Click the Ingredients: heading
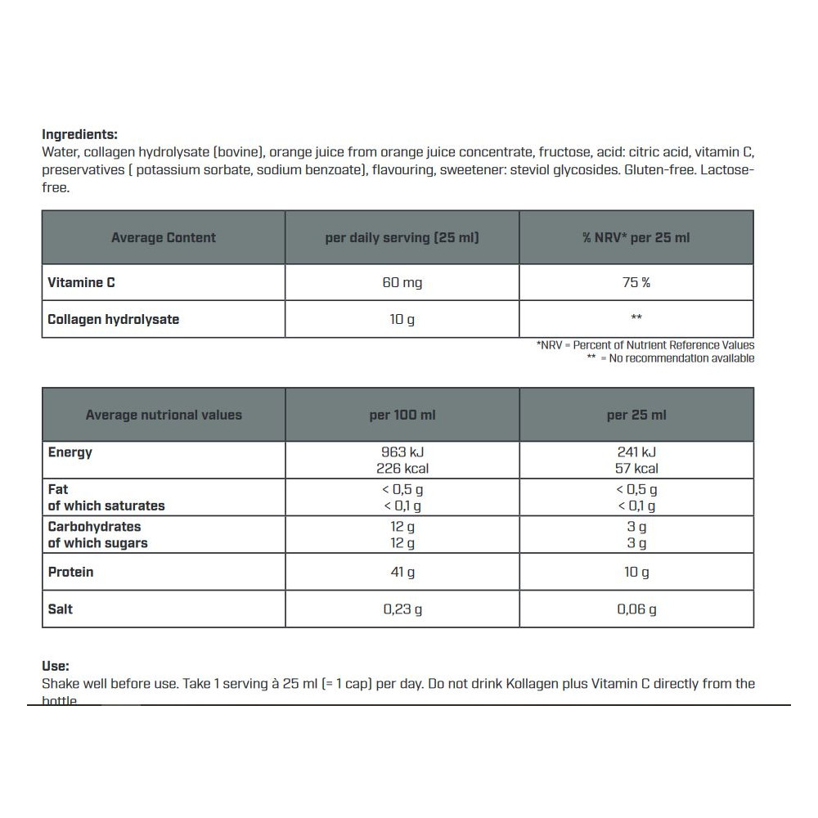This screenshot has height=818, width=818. pyautogui.click(x=79, y=134)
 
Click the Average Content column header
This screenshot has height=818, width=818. pyautogui.click(x=164, y=238)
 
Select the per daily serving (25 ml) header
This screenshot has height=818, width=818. pyautogui.click(x=402, y=238)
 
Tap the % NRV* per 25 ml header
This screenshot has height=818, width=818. pyautogui.click(x=636, y=238)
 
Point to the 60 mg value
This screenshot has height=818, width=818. pyautogui.click(x=402, y=283)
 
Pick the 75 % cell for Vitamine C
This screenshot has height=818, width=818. pyautogui.click(x=636, y=283)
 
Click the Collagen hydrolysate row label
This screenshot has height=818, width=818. pyautogui.click(x=113, y=319)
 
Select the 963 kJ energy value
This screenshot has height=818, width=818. pyautogui.click(x=402, y=452)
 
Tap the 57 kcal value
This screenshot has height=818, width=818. pyautogui.click(x=636, y=469)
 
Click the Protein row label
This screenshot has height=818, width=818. pyautogui.click(x=70, y=572)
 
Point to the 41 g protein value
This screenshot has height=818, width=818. pyautogui.click(x=402, y=572)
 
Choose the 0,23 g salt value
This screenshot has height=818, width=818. pyautogui.click(x=402, y=609)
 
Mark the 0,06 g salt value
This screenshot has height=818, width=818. pyautogui.click(x=636, y=609)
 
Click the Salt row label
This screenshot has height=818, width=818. pyautogui.click(x=61, y=609)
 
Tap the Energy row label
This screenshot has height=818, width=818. pyautogui.click(x=70, y=452)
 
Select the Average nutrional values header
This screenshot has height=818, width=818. pyautogui.click(x=164, y=415)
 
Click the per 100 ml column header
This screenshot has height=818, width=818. pyautogui.click(x=402, y=415)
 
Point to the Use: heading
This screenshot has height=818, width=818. pyautogui.click(x=56, y=667)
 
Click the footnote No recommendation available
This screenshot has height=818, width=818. pyautogui.click(x=676, y=358)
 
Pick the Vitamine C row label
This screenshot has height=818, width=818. pyautogui.click(x=81, y=283)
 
